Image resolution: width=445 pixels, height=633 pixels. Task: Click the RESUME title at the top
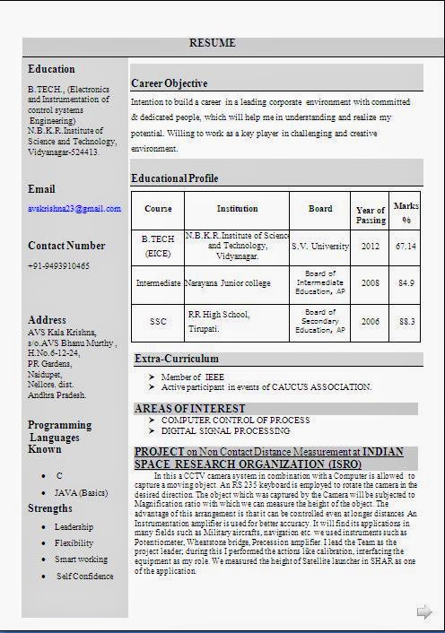213,43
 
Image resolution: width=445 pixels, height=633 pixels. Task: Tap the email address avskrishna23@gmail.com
74,209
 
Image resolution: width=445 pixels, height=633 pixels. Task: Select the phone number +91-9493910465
58,266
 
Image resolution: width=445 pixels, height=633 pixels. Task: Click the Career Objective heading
169,83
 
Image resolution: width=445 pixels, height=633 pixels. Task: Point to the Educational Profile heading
174,178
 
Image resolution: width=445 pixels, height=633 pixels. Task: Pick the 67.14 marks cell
406,246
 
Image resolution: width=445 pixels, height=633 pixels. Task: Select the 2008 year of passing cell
371,283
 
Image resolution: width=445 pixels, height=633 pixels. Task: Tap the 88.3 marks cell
406,321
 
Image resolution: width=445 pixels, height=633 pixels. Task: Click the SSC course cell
158,321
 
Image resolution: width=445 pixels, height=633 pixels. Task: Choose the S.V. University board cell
320,246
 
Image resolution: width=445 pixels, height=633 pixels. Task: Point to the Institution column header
237,209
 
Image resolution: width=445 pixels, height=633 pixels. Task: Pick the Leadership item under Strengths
74,527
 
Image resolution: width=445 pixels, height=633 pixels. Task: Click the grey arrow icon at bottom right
423,611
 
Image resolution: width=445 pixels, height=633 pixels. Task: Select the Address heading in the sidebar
47,320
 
